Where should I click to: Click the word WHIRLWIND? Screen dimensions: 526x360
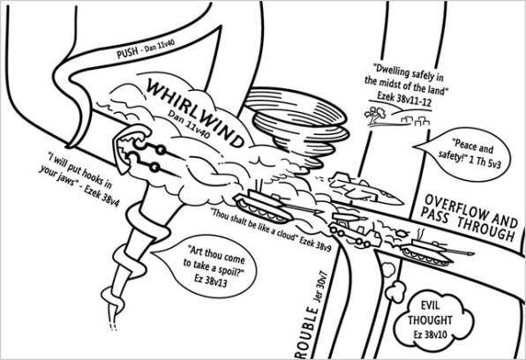click(195, 114)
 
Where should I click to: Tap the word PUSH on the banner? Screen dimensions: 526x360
click(127, 52)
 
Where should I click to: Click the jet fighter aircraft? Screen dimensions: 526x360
click(365, 190)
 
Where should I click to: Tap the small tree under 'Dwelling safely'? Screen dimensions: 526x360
click(376, 114)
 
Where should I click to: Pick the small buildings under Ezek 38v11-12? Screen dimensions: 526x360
click(415, 121)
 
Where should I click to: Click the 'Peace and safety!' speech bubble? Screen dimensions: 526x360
click(463, 154)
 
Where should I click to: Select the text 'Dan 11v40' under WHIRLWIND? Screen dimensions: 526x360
click(189, 124)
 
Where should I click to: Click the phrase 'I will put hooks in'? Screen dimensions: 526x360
click(79, 170)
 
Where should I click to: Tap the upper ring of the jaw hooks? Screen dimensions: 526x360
click(162, 150)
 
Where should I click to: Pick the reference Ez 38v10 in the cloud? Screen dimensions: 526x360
click(431, 334)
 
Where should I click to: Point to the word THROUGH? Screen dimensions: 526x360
click(485, 229)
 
